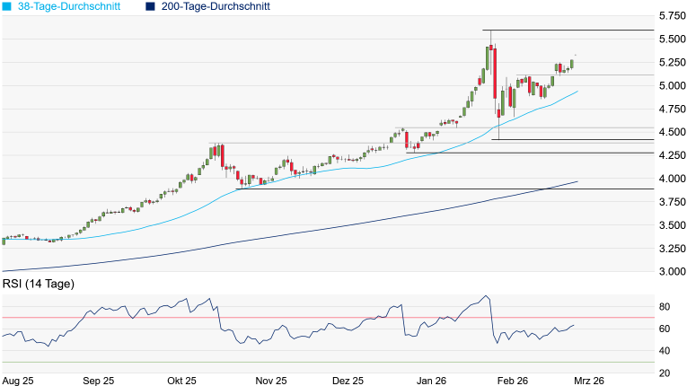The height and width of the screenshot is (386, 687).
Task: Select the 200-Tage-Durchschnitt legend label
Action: point(214,6)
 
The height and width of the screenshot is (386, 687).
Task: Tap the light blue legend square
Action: point(6,6)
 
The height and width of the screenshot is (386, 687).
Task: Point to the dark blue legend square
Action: point(150,6)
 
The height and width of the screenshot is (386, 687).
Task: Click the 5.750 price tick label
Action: point(670,16)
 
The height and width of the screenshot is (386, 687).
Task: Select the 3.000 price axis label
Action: point(670,272)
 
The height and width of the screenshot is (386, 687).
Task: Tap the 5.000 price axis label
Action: point(670,86)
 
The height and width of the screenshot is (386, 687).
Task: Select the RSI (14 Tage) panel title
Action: point(39,285)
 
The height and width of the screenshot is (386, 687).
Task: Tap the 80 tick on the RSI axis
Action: point(666,307)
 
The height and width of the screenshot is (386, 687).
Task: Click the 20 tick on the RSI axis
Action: point(666,373)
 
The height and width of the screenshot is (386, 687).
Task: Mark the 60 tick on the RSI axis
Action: point(666,329)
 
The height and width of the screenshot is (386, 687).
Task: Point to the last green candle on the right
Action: point(572,64)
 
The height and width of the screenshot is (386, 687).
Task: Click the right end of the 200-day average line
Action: point(577,181)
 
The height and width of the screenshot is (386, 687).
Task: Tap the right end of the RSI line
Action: point(574,326)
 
